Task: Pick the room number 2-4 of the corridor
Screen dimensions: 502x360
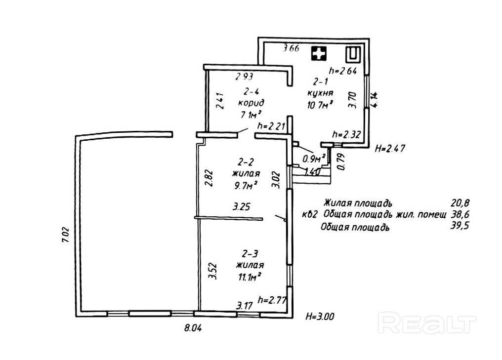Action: [x=251, y=91]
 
